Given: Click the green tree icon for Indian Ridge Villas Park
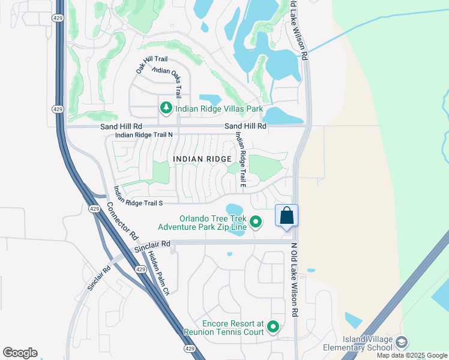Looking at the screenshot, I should point(165,109).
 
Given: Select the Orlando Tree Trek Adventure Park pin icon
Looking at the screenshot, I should point(256,223).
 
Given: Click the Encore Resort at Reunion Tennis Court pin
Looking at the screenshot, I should point(273,327).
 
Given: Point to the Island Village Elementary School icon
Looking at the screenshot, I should point(401,343).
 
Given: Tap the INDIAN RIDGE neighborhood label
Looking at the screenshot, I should point(202,158).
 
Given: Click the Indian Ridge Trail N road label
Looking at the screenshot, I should point(143,135).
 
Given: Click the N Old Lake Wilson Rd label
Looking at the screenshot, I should point(294,280).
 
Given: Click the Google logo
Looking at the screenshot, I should point(20,353).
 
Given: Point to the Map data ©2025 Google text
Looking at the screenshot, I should point(412,355).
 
